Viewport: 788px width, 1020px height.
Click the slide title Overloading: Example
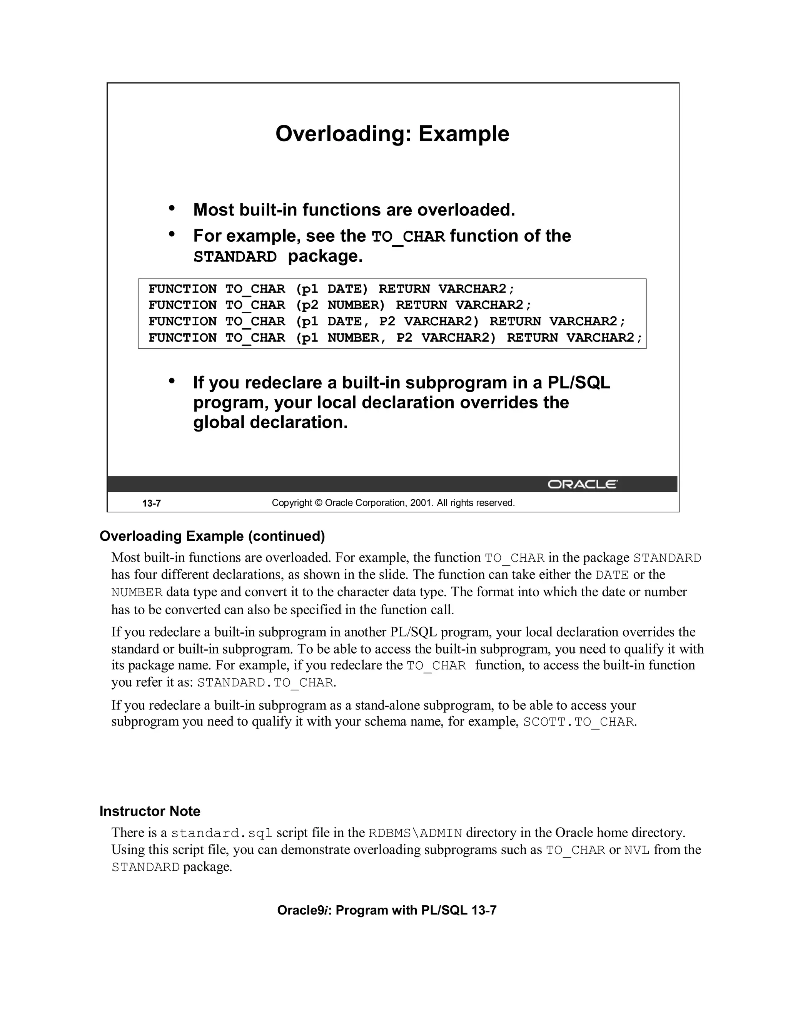[x=392, y=134]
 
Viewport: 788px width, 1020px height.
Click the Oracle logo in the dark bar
[x=582, y=484]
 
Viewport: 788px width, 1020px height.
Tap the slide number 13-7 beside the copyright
[x=152, y=503]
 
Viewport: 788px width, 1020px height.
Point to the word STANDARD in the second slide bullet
[x=235, y=257]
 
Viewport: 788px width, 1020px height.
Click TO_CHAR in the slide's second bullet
[x=408, y=237]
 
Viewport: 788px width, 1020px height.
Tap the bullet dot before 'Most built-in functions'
[x=172, y=208]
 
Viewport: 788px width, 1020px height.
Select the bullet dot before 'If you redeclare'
[x=172, y=381]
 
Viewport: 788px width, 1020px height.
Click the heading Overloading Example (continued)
[x=212, y=536]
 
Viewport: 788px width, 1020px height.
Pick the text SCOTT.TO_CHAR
[x=578, y=722]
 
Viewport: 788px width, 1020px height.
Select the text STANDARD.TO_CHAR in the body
[x=265, y=683]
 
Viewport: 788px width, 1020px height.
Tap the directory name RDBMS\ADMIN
[x=415, y=833]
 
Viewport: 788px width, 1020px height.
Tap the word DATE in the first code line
[x=344, y=289]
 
